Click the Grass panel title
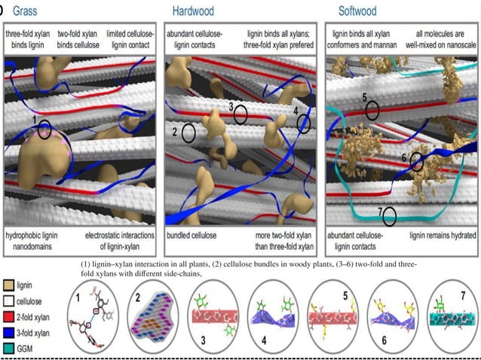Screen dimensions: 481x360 click(25, 11)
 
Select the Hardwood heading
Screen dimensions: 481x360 click(193, 11)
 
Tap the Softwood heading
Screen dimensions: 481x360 click(357, 11)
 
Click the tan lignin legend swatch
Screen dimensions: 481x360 click(8, 285)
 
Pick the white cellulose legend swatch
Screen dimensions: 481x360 click(8, 301)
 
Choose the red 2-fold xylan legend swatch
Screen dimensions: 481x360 click(8, 317)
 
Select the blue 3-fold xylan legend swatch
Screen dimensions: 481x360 click(8, 333)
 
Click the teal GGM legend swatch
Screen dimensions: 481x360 click(8, 349)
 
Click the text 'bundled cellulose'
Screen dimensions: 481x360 click(191, 236)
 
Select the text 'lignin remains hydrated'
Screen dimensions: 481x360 click(443, 236)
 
